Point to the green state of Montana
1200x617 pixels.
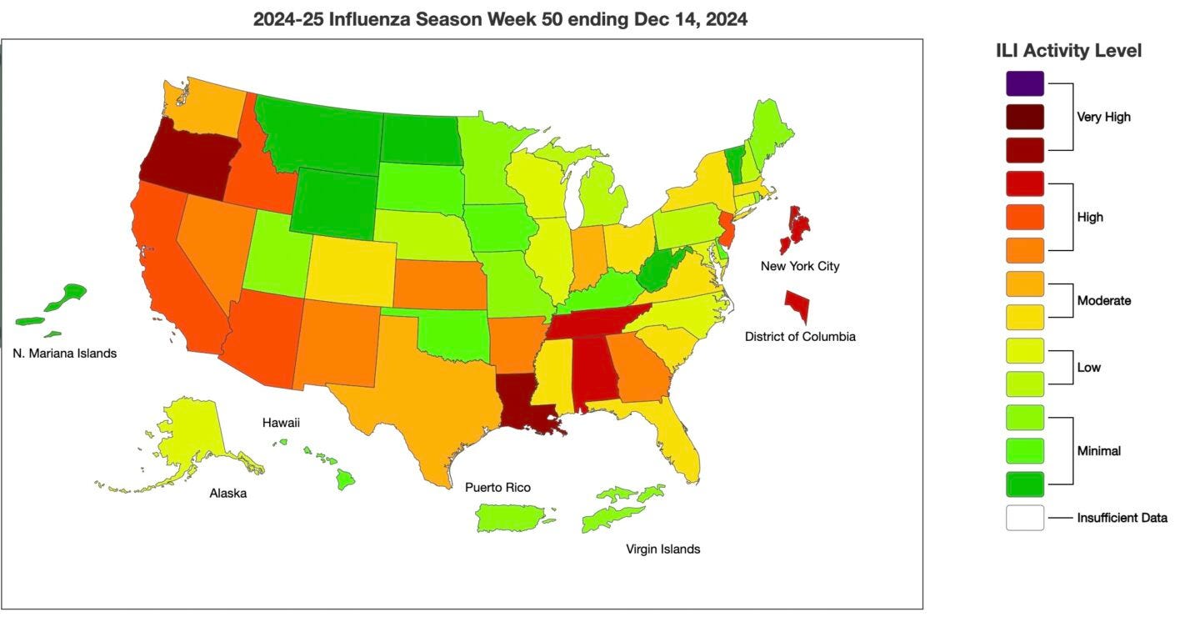click(x=321, y=133)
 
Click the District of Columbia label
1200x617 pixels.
click(x=800, y=337)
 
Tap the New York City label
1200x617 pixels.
click(x=800, y=267)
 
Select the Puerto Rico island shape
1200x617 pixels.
click(x=511, y=518)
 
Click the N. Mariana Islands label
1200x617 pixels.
click(x=65, y=354)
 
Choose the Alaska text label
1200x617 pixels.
click(x=227, y=494)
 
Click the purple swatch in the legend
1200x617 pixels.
click(x=1024, y=83)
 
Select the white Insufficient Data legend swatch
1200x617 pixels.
click(x=1024, y=518)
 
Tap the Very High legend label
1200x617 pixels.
click(x=1103, y=118)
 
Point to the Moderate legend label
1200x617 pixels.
click(x=1103, y=301)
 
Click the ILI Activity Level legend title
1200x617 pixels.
click(x=1068, y=51)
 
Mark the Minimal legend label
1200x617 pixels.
click(x=1098, y=451)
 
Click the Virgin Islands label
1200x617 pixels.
click(x=662, y=549)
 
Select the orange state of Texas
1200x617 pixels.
click(x=425, y=392)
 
